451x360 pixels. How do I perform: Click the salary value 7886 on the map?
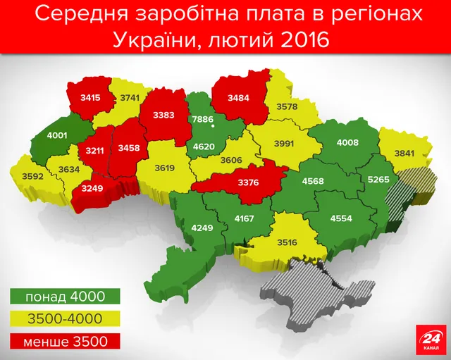click(x=203, y=119)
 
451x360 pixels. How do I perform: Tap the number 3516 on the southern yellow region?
click(x=288, y=244)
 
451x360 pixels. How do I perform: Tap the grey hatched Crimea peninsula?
click(x=310, y=290)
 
